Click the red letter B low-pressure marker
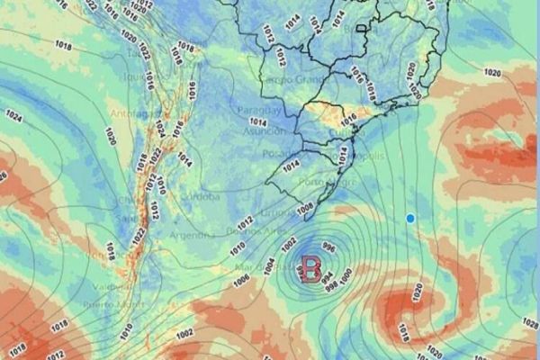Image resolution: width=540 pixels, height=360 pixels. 311,267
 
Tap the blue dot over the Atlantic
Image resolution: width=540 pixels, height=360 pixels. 410,218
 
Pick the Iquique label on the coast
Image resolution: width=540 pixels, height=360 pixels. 133,76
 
